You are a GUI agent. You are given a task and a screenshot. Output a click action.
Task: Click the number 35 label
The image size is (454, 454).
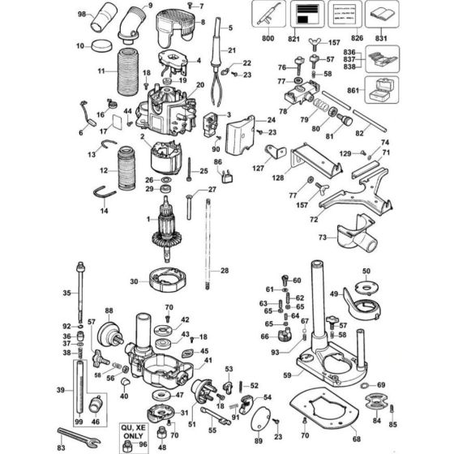click(x=67, y=293)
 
